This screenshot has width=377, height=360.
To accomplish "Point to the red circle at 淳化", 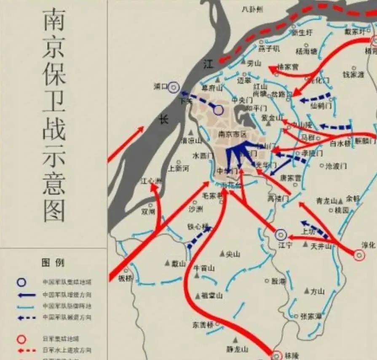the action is [x=359, y=255].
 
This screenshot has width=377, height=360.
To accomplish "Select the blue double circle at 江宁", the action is [x=281, y=235].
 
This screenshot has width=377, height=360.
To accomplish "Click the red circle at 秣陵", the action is [x=277, y=355].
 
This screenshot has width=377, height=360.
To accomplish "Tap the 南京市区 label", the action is [x=232, y=133].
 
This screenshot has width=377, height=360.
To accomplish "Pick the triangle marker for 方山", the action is [x=307, y=291].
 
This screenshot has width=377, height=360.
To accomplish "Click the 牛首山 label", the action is [x=204, y=268].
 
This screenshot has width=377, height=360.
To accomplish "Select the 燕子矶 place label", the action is [x=270, y=48].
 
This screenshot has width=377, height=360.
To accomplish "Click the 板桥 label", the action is [x=125, y=278].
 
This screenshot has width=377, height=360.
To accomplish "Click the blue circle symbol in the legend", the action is [x=21, y=283].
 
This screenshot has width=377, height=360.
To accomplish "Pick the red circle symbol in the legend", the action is [x=21, y=339].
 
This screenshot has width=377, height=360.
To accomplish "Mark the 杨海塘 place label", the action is [x=306, y=51].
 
